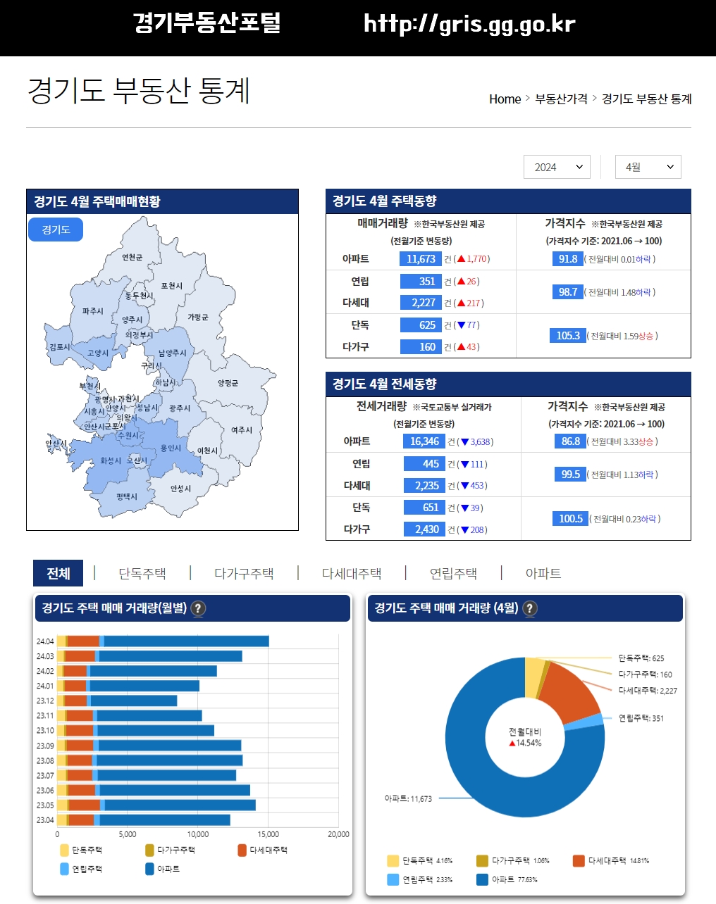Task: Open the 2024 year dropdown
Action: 557,167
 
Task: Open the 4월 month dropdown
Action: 648,167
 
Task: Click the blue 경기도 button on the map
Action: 56,230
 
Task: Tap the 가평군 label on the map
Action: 198,318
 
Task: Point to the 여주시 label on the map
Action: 242,429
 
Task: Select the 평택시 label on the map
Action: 127,496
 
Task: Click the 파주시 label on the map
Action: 92,310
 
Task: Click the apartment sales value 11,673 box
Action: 421,259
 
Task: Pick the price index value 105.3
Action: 567,336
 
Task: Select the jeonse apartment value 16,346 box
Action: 424,441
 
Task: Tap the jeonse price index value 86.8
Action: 570,441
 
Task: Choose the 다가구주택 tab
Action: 244,574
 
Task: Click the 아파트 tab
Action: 543,574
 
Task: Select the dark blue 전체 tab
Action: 58,574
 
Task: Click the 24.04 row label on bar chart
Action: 45,641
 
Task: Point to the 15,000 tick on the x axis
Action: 268,834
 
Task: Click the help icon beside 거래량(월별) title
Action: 199,608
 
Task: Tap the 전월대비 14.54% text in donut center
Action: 525,737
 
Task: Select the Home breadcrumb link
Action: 505,99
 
